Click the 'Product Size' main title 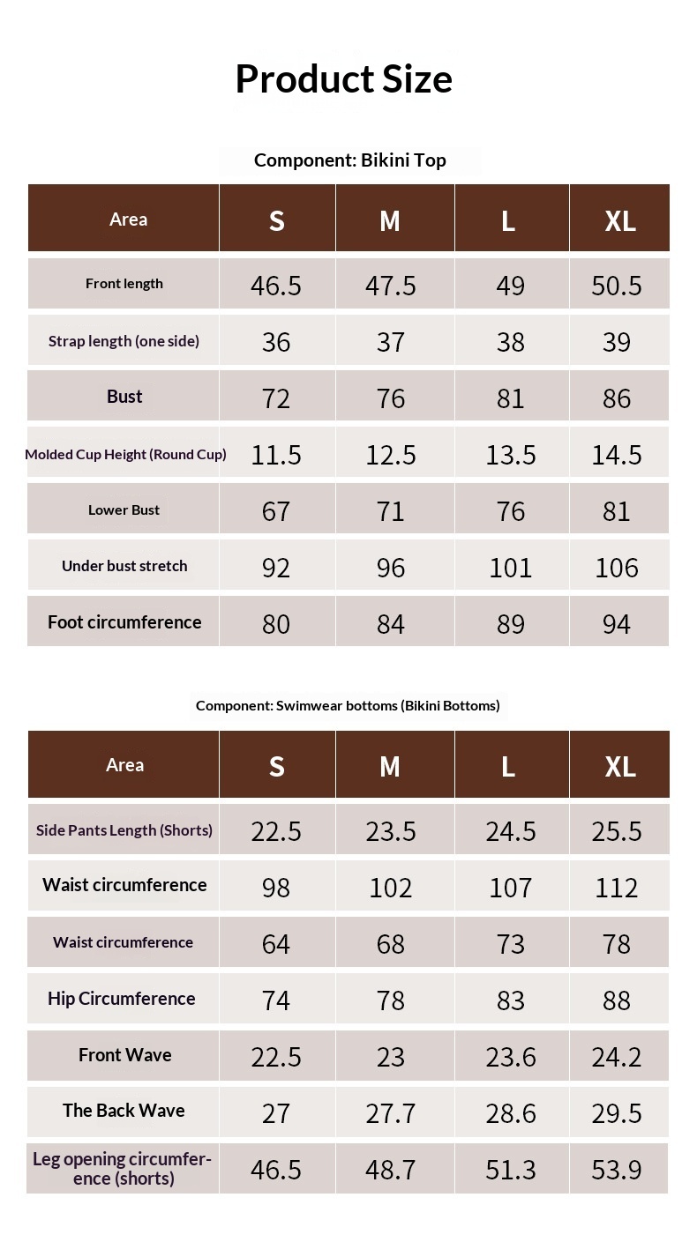(343, 78)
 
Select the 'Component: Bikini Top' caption (349, 160)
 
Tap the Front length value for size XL (617, 286)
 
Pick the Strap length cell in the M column (391, 342)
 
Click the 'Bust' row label (124, 397)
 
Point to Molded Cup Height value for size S (276, 455)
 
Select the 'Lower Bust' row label (124, 510)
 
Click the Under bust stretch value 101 (511, 568)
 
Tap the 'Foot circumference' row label (124, 622)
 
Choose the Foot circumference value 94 (617, 624)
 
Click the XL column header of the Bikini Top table (620, 220)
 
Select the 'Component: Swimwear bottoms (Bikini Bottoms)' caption (348, 705)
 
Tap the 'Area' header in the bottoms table (124, 765)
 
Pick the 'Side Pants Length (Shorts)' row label (124, 830)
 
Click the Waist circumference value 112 (617, 887)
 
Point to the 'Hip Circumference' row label (122, 999)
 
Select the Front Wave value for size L (511, 1057)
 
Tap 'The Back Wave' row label (124, 1111)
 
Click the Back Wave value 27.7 (391, 1113)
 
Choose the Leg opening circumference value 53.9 (617, 1170)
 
